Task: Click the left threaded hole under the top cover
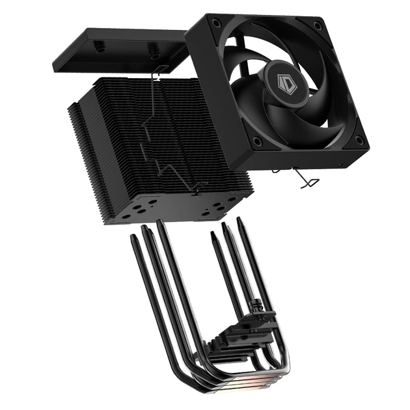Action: tap(100, 47)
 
